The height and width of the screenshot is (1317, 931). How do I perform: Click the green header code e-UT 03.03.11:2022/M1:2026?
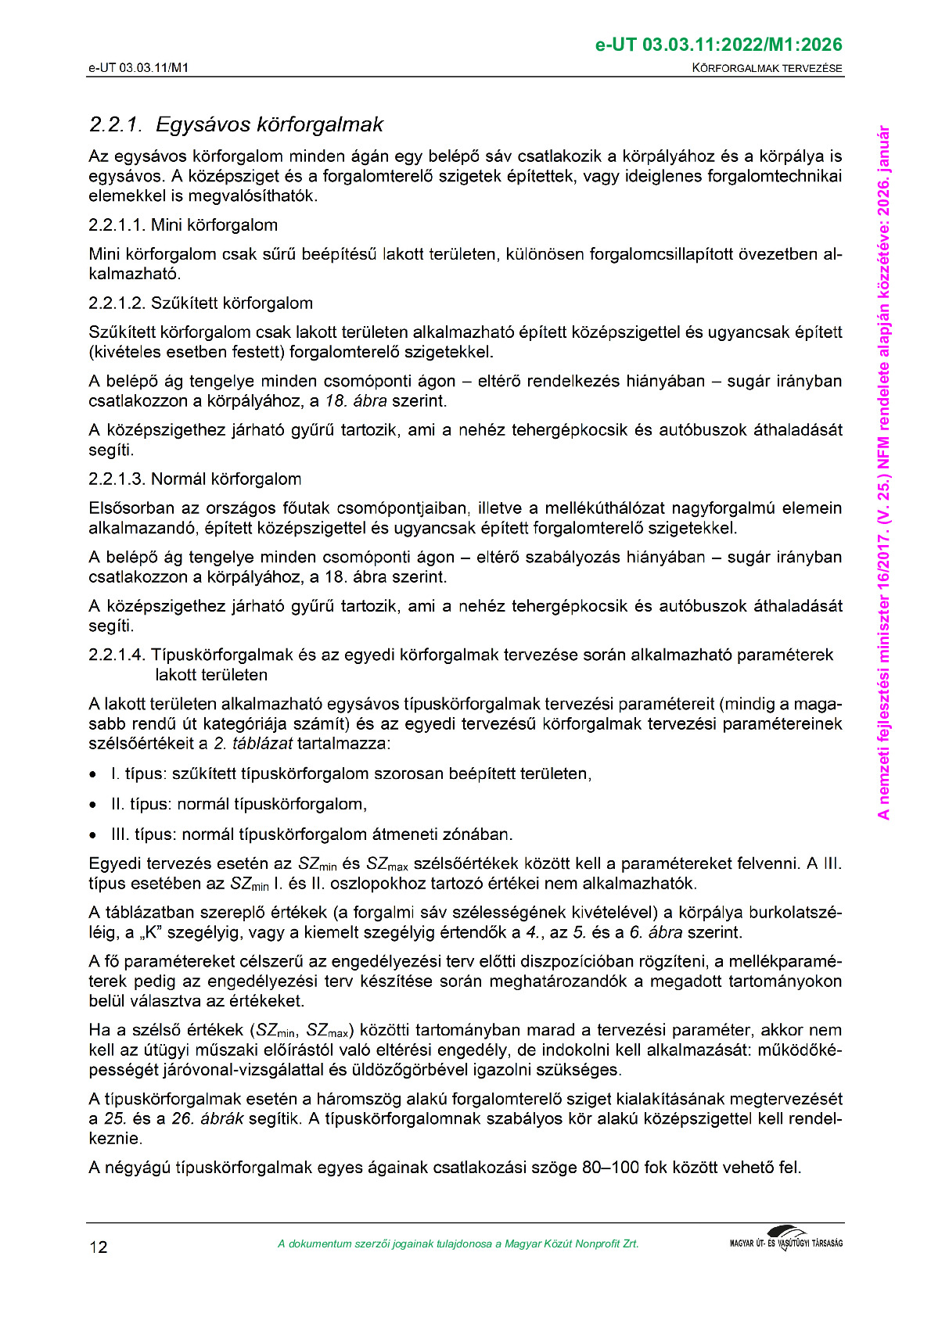(x=718, y=45)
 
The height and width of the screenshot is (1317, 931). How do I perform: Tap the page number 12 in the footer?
(x=99, y=1247)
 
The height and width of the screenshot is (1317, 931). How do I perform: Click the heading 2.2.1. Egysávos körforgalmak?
(x=236, y=124)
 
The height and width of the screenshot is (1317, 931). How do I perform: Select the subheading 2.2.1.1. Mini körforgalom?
(x=183, y=225)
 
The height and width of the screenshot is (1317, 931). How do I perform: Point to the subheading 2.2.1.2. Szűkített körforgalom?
(x=200, y=303)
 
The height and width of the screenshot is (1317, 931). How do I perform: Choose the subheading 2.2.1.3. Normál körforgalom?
(x=195, y=479)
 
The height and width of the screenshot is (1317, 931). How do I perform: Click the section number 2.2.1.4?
(x=117, y=655)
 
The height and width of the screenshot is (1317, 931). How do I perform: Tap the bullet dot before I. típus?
(x=94, y=775)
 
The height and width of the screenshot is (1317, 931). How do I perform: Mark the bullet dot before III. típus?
(x=94, y=835)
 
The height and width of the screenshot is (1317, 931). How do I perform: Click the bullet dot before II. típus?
(x=94, y=805)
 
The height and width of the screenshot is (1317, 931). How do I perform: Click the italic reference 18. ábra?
(x=356, y=401)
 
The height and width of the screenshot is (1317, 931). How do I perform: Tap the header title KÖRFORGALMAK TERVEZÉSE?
(x=767, y=68)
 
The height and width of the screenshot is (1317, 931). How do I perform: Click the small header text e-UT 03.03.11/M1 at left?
(x=138, y=68)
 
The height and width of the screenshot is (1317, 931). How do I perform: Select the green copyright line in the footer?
(x=458, y=1244)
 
